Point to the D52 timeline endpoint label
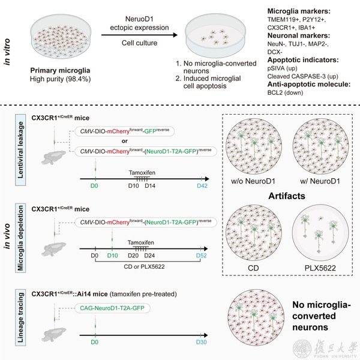(202, 256)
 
